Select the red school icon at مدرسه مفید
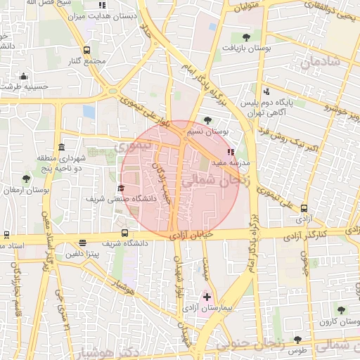[x=231, y=151]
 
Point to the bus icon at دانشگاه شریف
[x=124, y=233]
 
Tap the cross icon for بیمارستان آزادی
[x=206, y=297]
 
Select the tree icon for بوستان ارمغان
[x=26, y=179]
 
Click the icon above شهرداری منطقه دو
[x=62, y=148]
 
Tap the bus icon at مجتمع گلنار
[x=86, y=51]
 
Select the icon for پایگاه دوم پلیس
[x=266, y=91]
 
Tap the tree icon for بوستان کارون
[x=341, y=310]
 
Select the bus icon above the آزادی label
[x=304, y=208]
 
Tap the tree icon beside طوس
[x=297, y=340]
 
